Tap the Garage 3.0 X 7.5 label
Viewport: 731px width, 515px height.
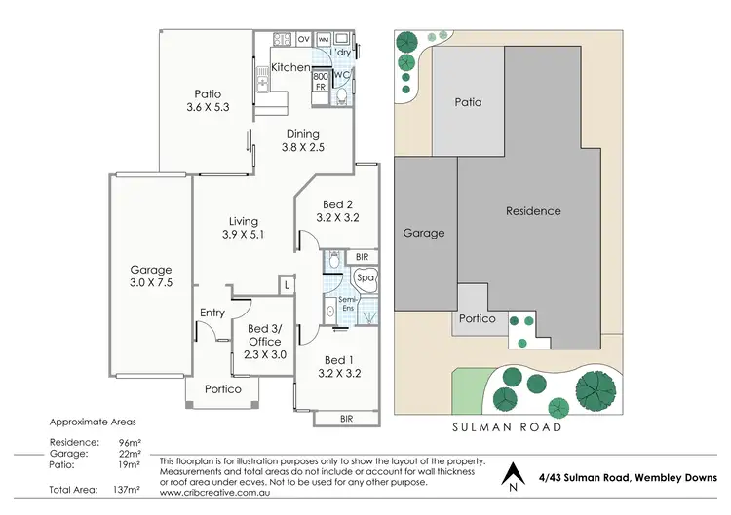[151, 276]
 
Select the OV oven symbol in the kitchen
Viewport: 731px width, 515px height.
[303, 39]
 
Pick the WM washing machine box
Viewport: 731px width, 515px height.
[323, 39]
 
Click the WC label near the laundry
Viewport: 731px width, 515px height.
[341, 74]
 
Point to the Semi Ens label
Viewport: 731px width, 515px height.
[347, 305]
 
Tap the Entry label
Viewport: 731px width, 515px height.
[212, 313]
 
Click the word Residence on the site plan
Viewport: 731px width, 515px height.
[533, 211]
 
